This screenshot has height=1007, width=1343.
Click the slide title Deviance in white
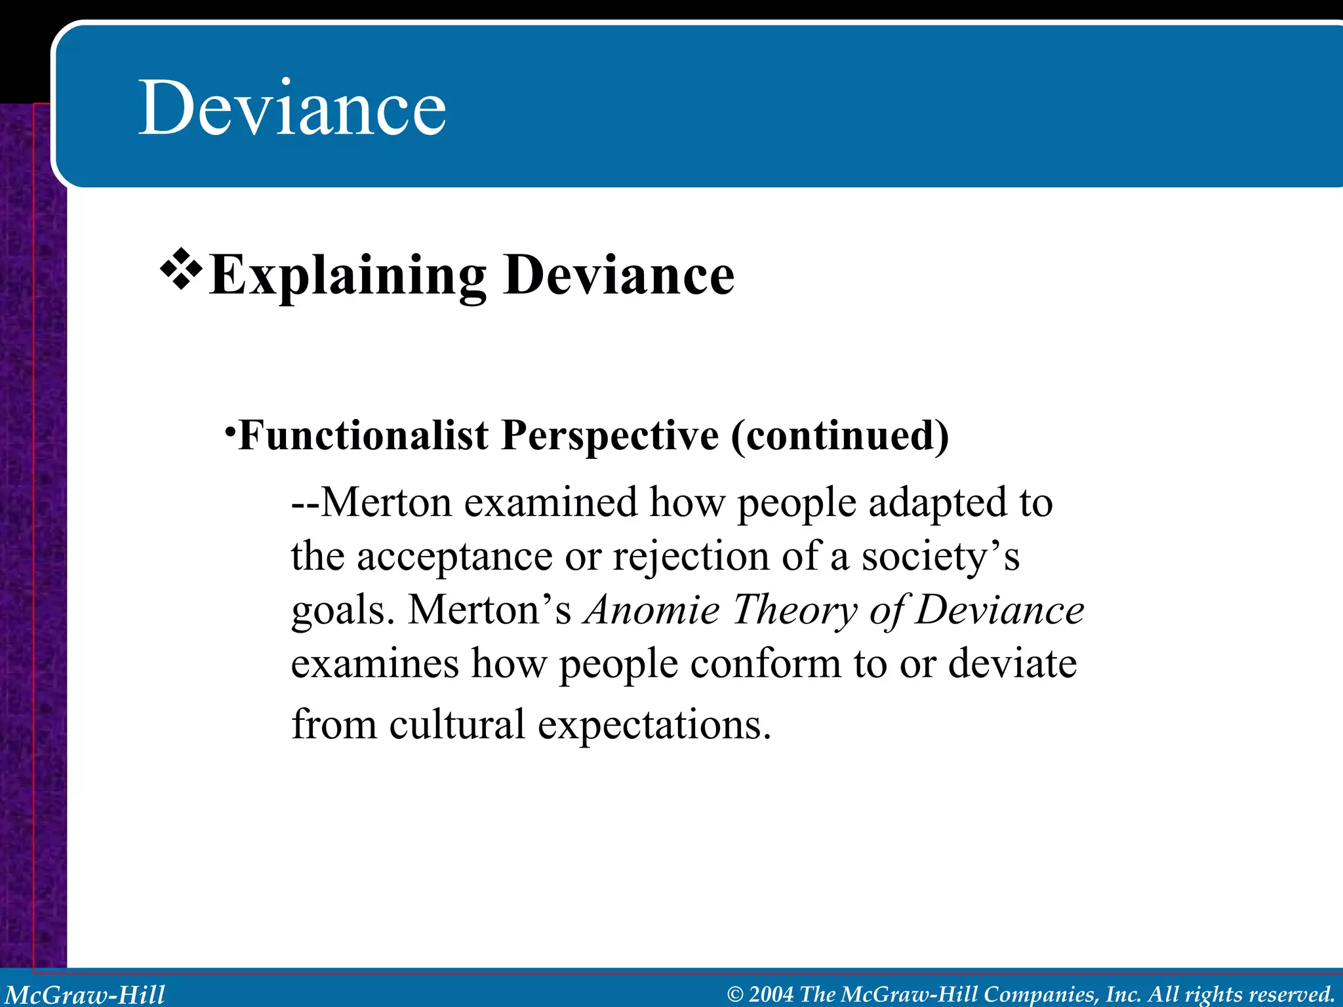292,107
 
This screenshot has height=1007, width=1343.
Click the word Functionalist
363,435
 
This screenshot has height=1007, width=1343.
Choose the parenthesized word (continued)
840,436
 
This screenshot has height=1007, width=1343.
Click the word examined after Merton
551,503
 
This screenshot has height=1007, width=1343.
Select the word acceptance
454,557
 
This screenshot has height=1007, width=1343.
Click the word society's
940,556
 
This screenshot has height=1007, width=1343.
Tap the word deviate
1012,663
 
